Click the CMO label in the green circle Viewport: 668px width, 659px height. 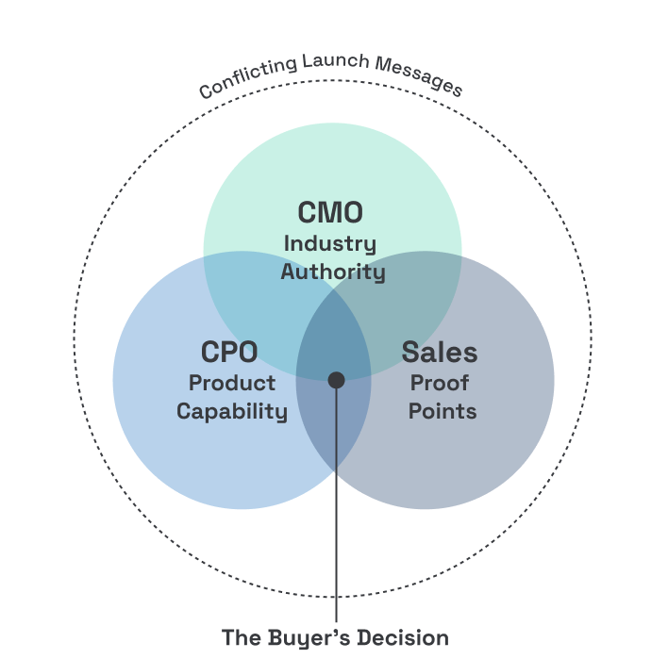point(330,213)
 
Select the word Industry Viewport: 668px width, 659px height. point(330,243)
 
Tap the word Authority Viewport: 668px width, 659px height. point(333,272)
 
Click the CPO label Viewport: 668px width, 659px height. point(229,353)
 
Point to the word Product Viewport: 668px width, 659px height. point(232,383)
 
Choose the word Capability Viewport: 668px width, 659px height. point(232,411)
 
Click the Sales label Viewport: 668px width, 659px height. point(440,353)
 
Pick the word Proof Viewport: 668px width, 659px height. point(440,383)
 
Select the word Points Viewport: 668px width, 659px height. point(443,411)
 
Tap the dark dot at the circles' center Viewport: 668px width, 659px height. point(336,379)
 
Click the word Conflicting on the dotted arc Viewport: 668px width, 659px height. point(247,78)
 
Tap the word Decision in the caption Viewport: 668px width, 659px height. point(403,637)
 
